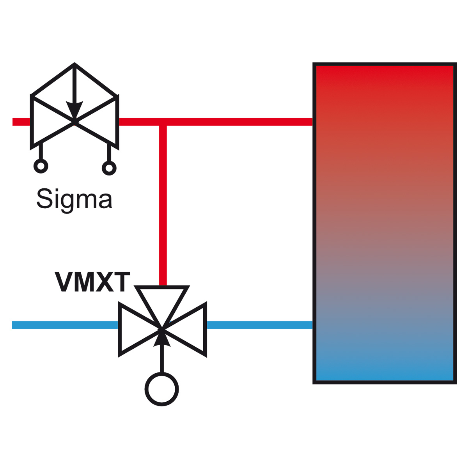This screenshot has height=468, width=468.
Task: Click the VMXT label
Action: click(92, 282)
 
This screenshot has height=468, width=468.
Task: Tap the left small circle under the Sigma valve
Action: click(41, 167)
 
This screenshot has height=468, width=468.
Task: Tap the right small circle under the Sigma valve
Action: click(109, 168)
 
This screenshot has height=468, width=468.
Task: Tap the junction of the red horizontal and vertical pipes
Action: click(163, 122)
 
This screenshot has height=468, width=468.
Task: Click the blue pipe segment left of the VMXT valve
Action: click(65, 325)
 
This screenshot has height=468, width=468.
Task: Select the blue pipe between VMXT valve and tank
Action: click(260, 325)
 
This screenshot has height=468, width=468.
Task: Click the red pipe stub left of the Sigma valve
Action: click(21, 122)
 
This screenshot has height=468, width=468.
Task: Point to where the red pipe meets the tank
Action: click(313, 122)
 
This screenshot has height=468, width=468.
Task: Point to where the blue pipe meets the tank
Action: click(313, 325)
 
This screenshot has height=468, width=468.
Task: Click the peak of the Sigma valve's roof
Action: click(74, 64)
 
